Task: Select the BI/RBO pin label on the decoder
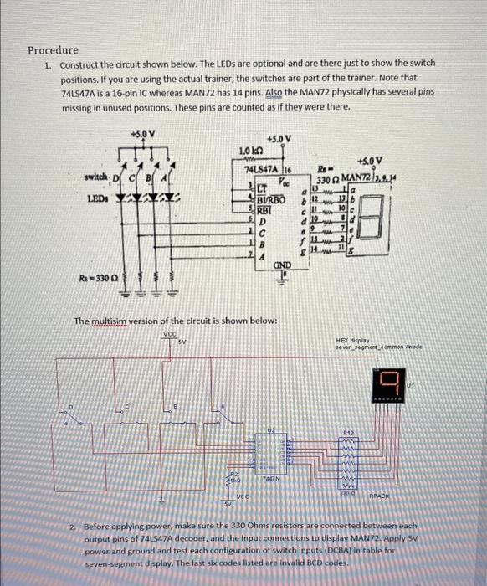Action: coord(273,201)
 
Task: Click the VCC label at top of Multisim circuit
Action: coord(172,333)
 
